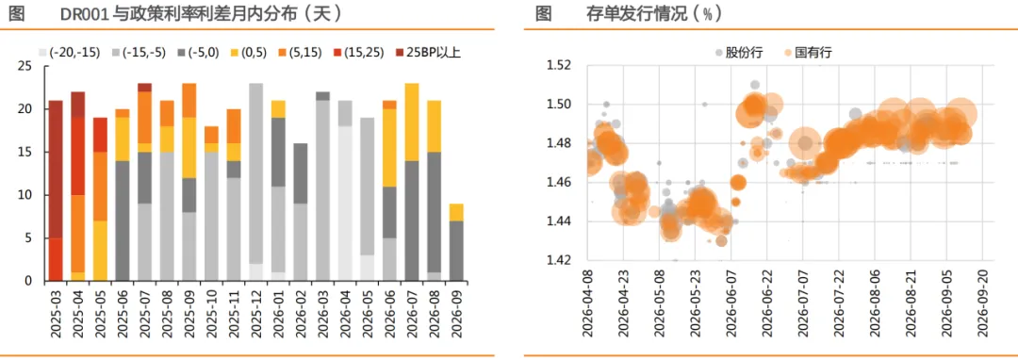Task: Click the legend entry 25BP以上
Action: click(x=429, y=53)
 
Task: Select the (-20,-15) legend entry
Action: click(x=70, y=53)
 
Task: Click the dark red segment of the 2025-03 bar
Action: click(x=56, y=170)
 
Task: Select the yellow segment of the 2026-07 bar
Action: click(x=412, y=122)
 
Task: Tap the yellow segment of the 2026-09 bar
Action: click(x=456, y=212)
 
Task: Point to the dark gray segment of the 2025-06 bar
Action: click(x=123, y=221)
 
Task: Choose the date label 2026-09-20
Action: click(x=981, y=303)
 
